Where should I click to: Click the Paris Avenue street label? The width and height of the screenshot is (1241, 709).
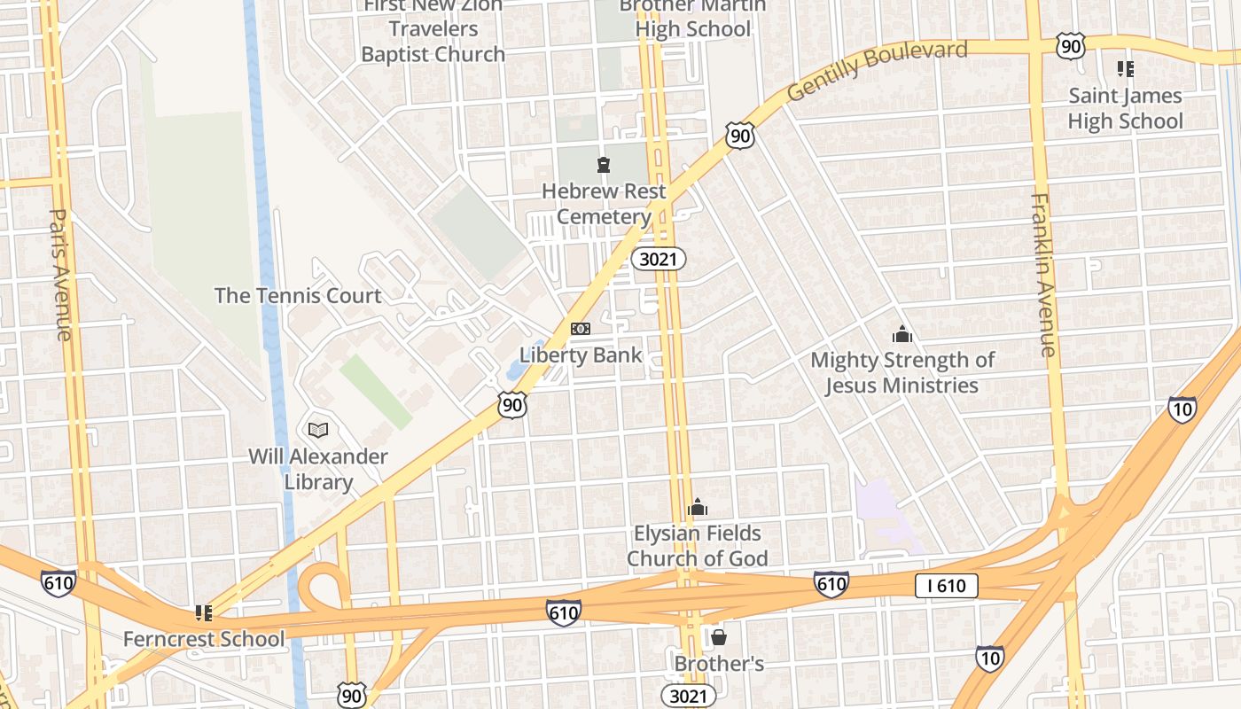tap(60, 274)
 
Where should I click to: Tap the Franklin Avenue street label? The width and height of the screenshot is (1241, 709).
tap(1043, 274)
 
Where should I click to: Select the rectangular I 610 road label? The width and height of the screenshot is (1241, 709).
tap(947, 585)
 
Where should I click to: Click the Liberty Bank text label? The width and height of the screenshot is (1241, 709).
tap(581, 355)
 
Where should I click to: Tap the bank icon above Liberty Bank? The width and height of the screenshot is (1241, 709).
tap(581, 329)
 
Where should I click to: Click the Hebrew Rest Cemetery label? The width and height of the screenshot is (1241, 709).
tap(605, 204)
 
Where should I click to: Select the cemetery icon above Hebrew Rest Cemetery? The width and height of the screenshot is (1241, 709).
tap(604, 164)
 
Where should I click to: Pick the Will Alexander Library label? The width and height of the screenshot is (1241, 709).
tap(318, 469)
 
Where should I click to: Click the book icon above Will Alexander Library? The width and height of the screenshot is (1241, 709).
tap(318, 430)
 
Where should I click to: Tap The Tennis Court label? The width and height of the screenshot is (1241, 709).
tap(298, 295)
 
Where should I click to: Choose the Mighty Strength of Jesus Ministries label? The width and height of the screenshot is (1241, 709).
tap(902, 372)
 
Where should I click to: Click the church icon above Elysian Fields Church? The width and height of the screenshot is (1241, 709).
tap(698, 507)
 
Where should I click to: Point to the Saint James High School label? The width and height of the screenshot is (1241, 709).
tap(1125, 108)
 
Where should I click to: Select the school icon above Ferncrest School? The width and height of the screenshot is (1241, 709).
tap(204, 612)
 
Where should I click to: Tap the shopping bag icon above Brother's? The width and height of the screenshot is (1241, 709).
tap(719, 637)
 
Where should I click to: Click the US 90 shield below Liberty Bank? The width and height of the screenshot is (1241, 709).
tap(512, 405)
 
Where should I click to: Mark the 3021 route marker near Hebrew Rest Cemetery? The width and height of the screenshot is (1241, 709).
tap(659, 258)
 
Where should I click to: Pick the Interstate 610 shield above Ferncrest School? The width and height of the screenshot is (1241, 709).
tap(58, 583)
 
